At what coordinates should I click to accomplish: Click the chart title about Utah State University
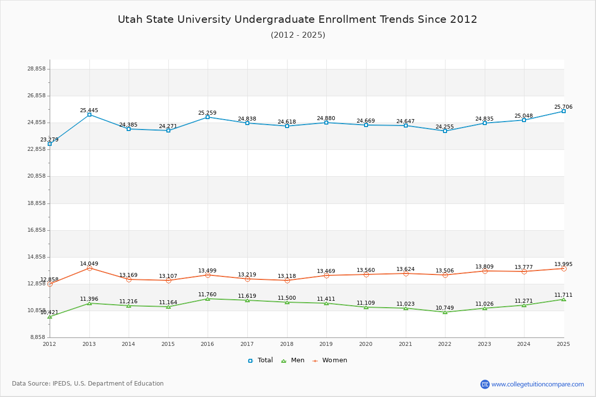tap(298, 20)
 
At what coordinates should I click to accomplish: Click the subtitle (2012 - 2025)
tap(298, 35)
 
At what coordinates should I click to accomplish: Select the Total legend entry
tap(260, 360)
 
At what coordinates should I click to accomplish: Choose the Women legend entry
tap(330, 360)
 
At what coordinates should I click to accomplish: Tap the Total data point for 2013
tap(89, 115)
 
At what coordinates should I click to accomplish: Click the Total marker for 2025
tap(564, 111)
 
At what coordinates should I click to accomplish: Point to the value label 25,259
tap(207, 113)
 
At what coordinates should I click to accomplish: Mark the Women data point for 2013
tap(89, 268)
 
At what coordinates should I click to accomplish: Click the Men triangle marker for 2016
tap(208, 299)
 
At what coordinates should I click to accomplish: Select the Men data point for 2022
tap(445, 312)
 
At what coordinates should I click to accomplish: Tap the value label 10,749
tap(445, 308)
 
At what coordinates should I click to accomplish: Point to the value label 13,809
tap(484, 267)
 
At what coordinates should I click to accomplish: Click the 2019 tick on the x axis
tap(326, 344)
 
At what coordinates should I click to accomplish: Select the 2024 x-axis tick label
tap(524, 344)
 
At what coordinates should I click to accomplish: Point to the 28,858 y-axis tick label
tap(37, 69)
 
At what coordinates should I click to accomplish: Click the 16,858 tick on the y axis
tap(37, 230)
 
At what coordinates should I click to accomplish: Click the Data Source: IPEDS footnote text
tap(88, 384)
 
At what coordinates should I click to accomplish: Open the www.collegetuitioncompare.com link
tap(537, 384)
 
